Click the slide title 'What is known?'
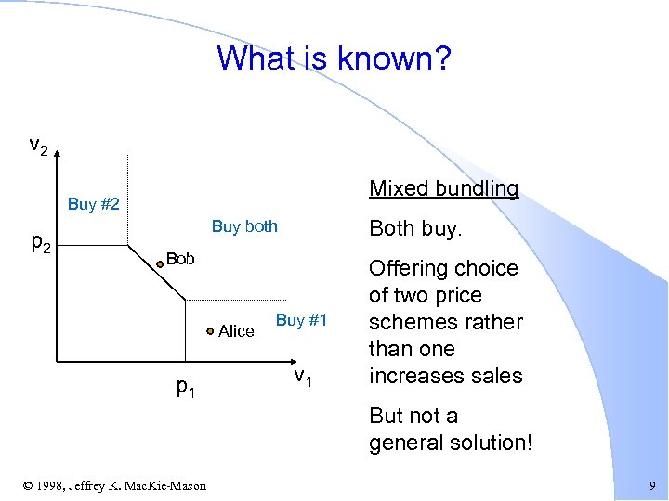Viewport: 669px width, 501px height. [334, 58]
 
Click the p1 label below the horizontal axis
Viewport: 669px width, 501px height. [186, 387]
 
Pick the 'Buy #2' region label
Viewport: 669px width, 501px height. [93, 204]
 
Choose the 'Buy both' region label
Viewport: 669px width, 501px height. [244, 226]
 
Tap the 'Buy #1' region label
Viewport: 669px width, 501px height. [302, 320]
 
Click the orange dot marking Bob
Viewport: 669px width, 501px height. [160, 263]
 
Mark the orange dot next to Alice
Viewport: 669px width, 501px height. [211, 330]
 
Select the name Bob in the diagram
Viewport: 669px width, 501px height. [180, 259]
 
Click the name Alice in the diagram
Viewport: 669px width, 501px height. [236, 331]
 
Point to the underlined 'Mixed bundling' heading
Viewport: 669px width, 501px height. [443, 189]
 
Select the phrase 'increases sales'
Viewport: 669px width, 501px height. [446, 376]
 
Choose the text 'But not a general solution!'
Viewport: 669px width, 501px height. [451, 429]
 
